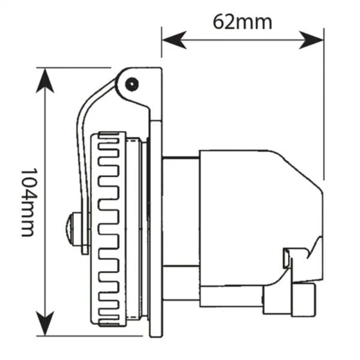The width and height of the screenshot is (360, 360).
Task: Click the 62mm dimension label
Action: point(243,22)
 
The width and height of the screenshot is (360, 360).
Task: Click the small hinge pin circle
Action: point(131,84)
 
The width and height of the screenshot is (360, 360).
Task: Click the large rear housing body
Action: point(252,202)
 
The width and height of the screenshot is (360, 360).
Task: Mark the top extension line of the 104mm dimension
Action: point(72,67)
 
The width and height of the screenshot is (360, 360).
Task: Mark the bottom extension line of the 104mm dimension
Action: point(90,335)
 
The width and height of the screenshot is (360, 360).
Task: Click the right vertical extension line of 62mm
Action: point(324,103)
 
